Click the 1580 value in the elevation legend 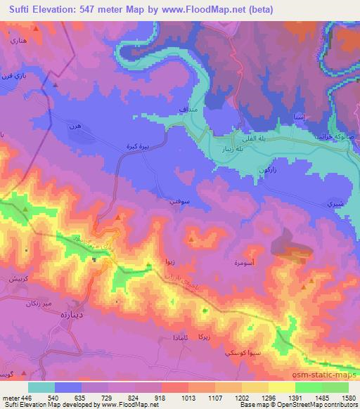[x=348, y=397]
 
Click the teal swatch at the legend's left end [x=41, y=387]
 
